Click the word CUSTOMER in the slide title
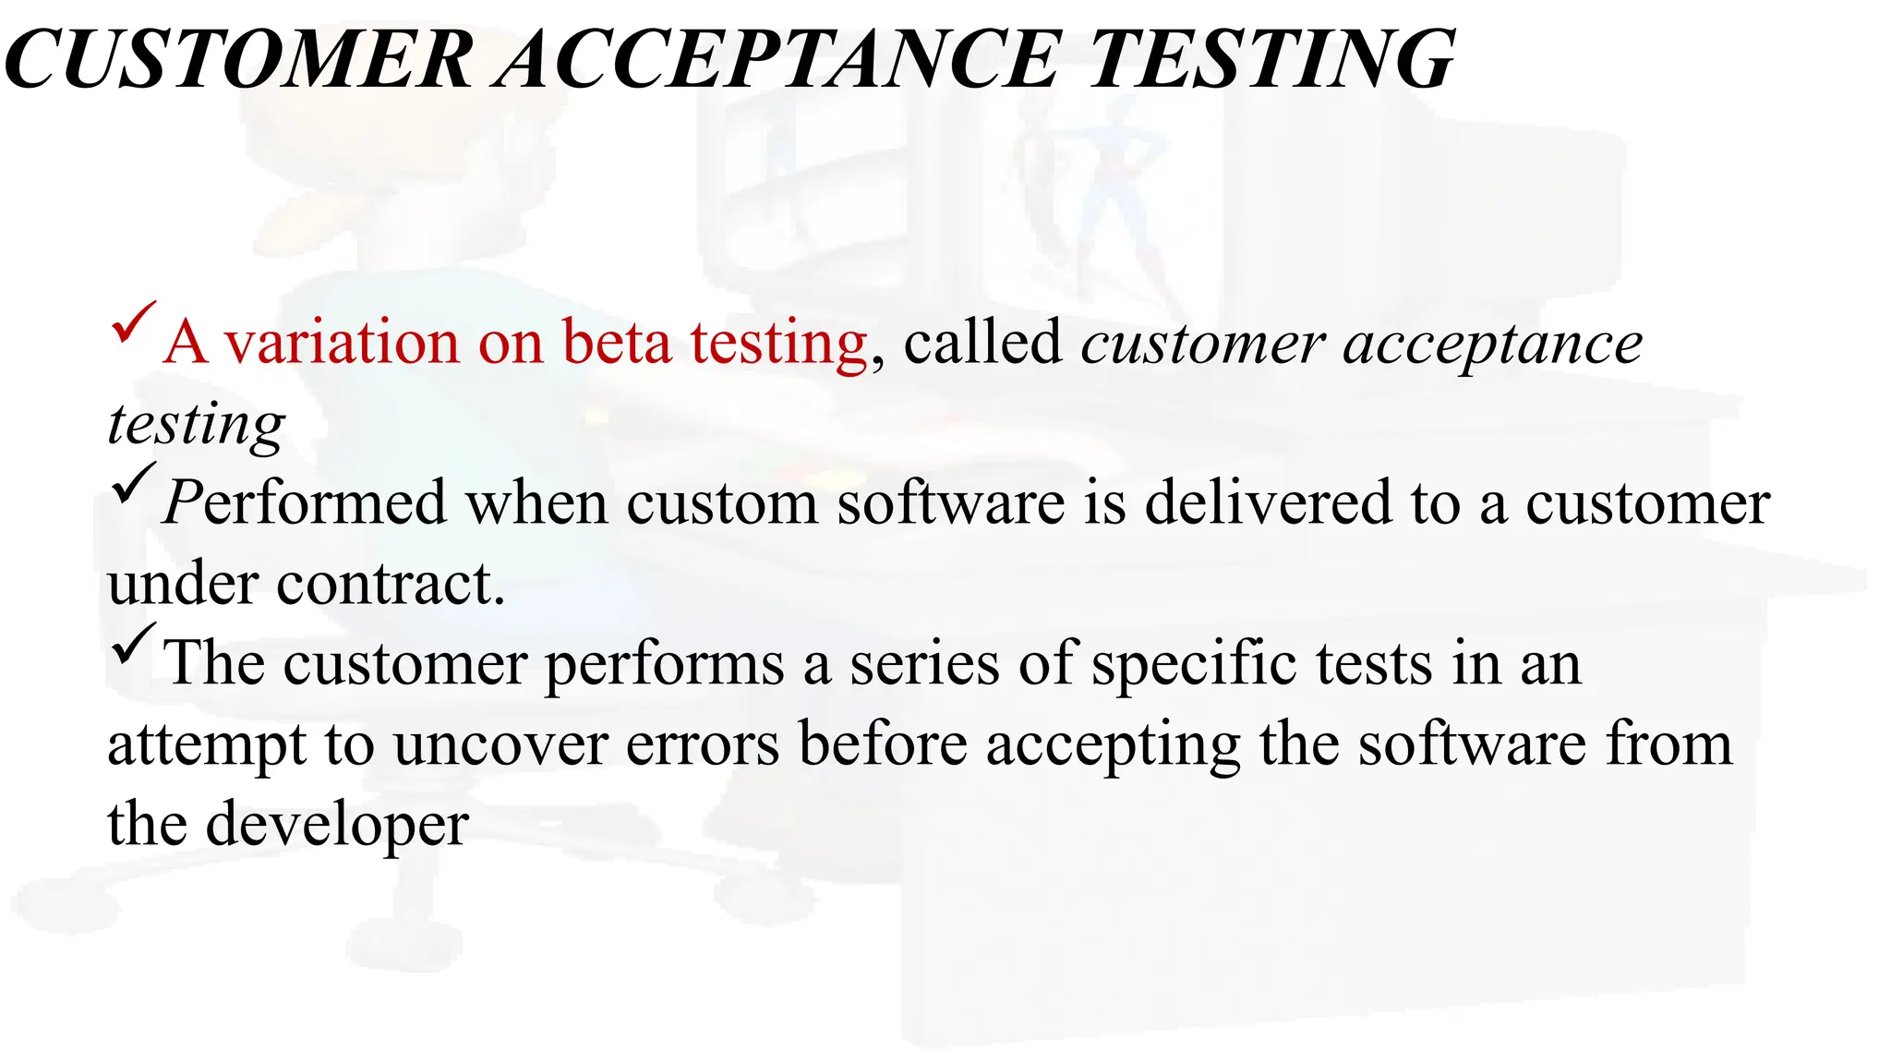238,59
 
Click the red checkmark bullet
132,322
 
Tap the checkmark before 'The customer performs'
132,644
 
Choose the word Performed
305,503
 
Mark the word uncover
500,744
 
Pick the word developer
336,825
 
